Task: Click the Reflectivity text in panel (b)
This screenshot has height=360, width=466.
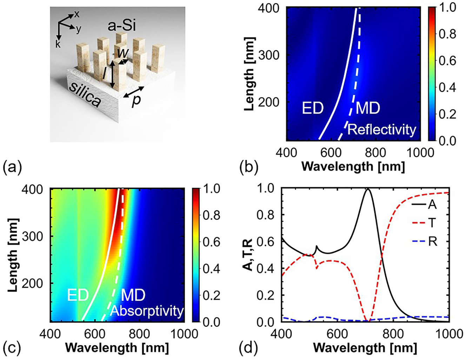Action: pos(382,130)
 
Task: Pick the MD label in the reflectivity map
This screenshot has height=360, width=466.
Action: pos(368,108)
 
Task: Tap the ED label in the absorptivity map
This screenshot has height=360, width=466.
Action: pos(78,295)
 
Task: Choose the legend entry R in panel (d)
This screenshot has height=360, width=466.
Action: pos(432,241)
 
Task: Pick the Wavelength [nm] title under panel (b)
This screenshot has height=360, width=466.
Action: pos(353,166)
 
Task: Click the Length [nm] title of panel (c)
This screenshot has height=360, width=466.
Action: pos(13,255)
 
